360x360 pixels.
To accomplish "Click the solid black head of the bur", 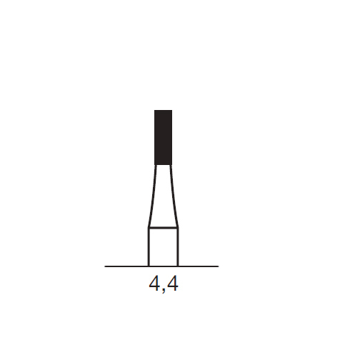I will click(164, 137).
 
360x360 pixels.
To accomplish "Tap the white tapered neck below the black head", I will click(164, 196).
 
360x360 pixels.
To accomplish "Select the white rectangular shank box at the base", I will click(163, 247).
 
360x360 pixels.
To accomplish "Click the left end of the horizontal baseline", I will click(106, 266).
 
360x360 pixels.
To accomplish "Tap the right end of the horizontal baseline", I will click(217, 266).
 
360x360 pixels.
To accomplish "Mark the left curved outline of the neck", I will click(152, 196).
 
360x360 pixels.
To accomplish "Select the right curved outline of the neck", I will click(174, 196).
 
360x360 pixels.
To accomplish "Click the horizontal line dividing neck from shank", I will click(163, 228).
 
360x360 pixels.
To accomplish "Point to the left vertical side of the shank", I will click(149, 247).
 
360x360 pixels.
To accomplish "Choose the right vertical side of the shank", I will click(177, 247).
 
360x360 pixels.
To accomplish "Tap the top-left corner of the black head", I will click(155, 111).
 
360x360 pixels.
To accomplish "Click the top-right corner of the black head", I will click(172, 111).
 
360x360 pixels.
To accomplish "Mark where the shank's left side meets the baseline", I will click(149, 266).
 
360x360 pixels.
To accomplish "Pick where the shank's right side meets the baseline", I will click(177, 266).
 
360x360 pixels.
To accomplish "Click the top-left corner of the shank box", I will click(149, 228).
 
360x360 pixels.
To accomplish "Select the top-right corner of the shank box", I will click(177, 228).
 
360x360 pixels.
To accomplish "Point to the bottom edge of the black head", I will click(164, 165).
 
